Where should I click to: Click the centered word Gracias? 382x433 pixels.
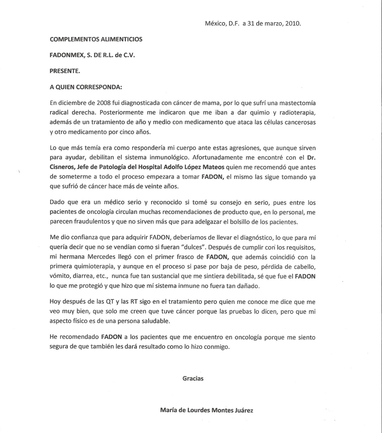coord(193,378)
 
